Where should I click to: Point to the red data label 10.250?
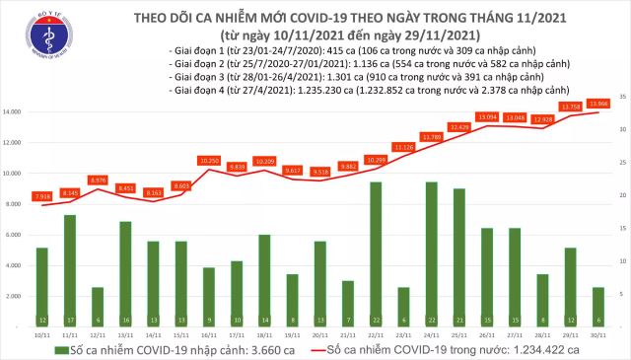pos(208,161)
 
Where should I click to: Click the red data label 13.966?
pos(597,104)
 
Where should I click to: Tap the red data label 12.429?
pos(459,127)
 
